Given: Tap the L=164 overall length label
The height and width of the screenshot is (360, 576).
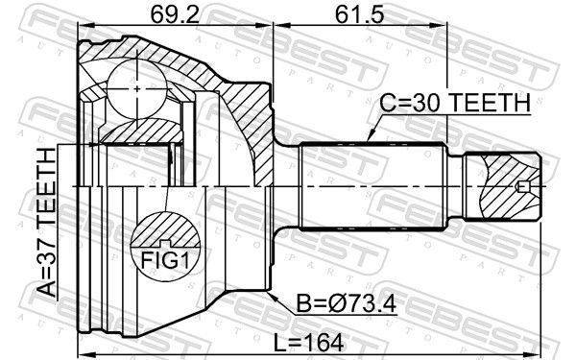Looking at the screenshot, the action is pos(309,343).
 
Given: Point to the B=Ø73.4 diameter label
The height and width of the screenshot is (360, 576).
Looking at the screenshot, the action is pos(347,304).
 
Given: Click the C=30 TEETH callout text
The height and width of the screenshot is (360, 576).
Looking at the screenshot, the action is pos(455,104).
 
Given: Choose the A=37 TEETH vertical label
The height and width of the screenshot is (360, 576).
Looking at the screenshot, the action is pos(46,222).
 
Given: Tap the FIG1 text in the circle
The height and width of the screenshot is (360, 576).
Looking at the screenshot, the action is pos(165,260).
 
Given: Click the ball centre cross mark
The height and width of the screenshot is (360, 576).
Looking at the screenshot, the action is pos(137,89).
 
